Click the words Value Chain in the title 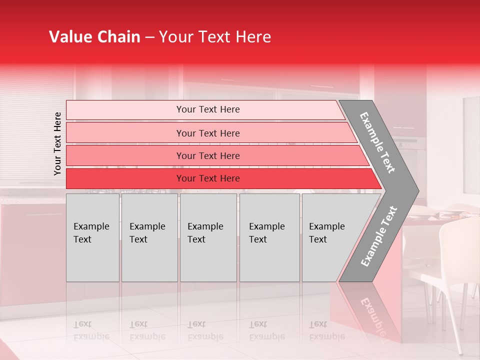click(x=94, y=37)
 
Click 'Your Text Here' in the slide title click(x=214, y=37)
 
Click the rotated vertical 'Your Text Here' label click(x=57, y=143)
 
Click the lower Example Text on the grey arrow click(x=379, y=236)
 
